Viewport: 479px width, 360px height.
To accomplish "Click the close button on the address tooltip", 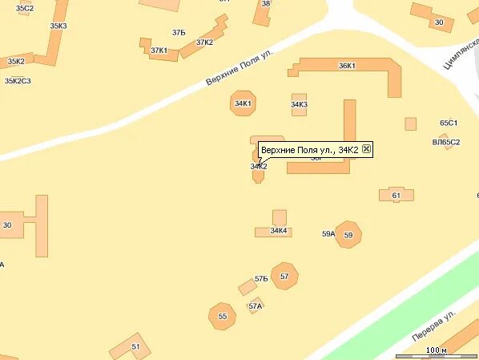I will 366,149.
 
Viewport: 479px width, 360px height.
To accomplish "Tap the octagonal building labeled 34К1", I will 243,103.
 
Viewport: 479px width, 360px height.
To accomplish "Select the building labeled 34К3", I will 300,105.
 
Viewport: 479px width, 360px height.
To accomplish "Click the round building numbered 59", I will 348,235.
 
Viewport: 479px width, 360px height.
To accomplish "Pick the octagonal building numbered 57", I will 284,276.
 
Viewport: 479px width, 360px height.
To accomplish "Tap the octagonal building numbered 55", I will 223,316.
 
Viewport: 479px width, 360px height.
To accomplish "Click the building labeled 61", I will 396,195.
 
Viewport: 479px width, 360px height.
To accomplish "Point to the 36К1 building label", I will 347,66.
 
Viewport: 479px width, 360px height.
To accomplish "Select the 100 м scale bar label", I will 436,350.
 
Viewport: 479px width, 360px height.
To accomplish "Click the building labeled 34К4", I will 277,231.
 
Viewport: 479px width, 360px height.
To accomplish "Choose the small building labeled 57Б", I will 248,286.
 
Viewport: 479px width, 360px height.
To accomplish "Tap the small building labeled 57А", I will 255,306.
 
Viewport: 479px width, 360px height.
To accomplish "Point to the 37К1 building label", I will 159,51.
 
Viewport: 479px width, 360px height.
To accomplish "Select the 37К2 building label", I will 204,42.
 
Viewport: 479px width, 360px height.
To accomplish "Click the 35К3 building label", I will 58,26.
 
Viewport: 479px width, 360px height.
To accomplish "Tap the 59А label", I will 328,233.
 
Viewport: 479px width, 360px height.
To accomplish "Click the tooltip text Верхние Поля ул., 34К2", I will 309,150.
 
